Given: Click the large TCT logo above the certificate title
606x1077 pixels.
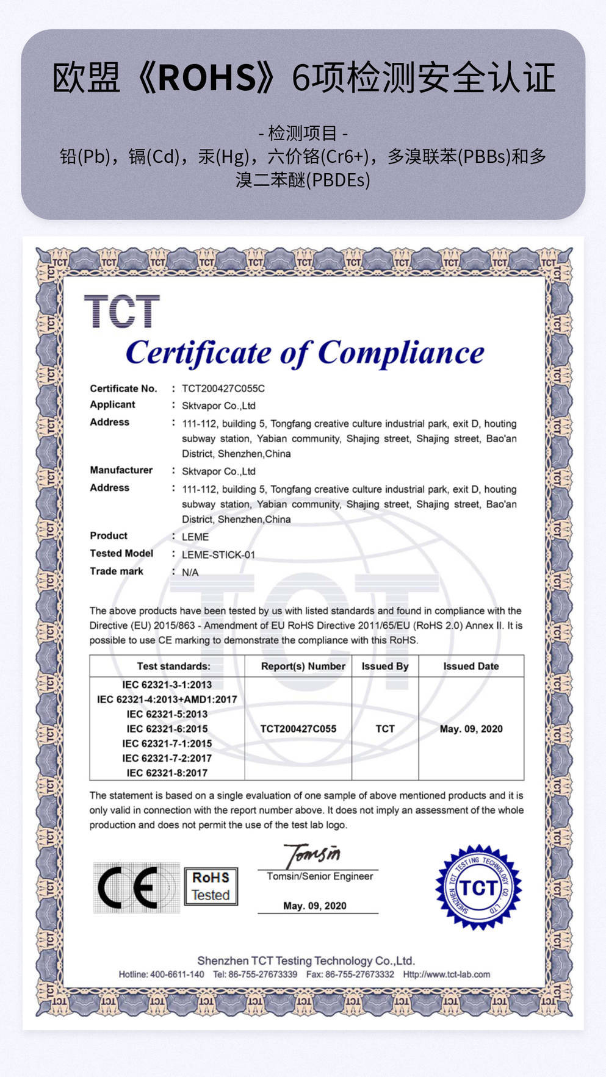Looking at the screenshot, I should pos(121,311).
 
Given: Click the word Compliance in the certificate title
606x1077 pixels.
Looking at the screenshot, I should pos(401,353).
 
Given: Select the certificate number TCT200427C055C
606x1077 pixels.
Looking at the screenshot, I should pos(223,388).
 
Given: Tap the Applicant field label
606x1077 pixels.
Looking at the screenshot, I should pos(112,404).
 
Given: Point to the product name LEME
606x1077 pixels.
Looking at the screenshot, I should pos(195,537).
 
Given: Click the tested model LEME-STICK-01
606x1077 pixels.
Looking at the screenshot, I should pos(218,554).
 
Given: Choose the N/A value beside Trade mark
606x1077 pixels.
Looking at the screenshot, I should pos(190,572).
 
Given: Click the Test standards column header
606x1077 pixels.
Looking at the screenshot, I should pos(173,666).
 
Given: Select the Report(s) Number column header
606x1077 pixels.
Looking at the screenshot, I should pos(303,666).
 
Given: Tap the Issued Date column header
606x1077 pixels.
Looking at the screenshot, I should pos(471,666).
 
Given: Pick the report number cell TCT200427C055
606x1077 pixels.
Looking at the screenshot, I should pos(298,729).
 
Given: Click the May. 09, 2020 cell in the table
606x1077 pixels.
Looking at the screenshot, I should pos(471,729).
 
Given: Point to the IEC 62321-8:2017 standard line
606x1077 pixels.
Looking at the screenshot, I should pos(167,773).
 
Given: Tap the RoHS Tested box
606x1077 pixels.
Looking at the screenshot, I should pos(211,886).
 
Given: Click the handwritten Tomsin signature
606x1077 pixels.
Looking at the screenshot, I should pos(313,854).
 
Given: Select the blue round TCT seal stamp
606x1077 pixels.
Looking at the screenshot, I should pos(478,887).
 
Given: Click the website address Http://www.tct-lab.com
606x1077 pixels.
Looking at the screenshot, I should pos(446,974).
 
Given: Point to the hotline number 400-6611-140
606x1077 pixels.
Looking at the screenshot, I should pos(177,974).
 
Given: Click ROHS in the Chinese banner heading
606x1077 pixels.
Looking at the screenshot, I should pos(207,78).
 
